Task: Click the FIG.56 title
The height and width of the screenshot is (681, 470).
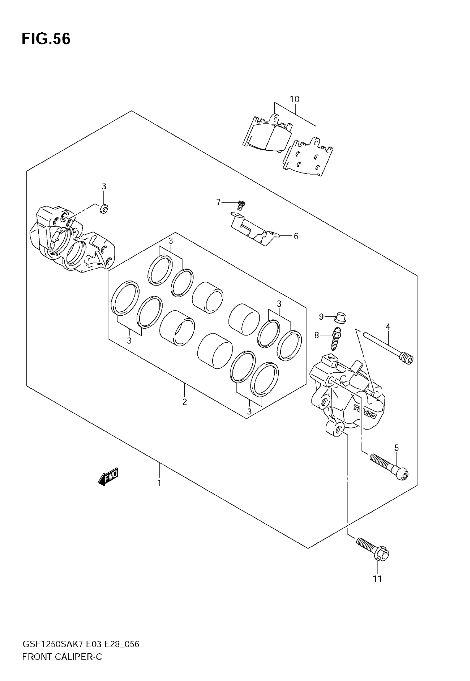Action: click(x=46, y=39)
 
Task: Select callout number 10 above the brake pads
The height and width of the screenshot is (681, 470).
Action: click(x=294, y=99)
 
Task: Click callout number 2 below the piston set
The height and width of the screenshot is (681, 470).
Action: click(x=185, y=402)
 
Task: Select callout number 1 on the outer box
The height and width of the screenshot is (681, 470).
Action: click(x=159, y=483)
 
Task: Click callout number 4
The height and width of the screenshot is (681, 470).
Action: click(x=388, y=327)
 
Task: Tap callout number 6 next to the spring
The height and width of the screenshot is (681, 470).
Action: click(x=296, y=236)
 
